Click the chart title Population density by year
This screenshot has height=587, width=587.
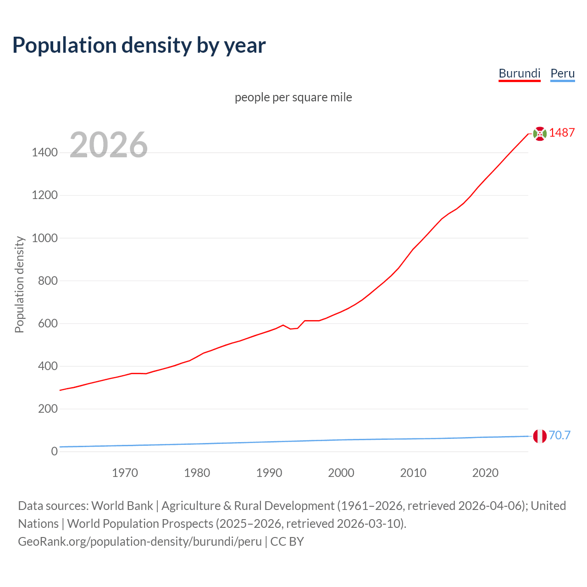click(139, 45)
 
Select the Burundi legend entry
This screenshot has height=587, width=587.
click(519, 73)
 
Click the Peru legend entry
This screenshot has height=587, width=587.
click(562, 73)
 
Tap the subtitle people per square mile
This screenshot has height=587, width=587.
click(293, 97)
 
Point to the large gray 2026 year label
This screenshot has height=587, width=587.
click(109, 145)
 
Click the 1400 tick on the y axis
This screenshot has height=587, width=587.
click(44, 153)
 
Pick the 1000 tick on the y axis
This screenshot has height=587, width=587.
click(44, 238)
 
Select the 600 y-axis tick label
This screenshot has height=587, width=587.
click(48, 323)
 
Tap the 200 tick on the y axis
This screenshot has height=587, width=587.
click(48, 409)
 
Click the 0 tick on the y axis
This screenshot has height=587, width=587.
click(54, 451)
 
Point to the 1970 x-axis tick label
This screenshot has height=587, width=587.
click(125, 473)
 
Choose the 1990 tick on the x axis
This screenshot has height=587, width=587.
click(269, 473)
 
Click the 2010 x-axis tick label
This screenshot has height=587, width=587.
click(413, 473)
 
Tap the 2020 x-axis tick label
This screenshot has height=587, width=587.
click(485, 473)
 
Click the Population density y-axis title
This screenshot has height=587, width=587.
click(19, 284)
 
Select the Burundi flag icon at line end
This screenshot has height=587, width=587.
click(540, 133)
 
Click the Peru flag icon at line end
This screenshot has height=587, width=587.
click(540, 436)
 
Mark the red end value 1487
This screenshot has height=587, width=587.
click(562, 133)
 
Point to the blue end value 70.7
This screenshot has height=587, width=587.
click(559, 435)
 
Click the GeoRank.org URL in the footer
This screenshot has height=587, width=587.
click(140, 542)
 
